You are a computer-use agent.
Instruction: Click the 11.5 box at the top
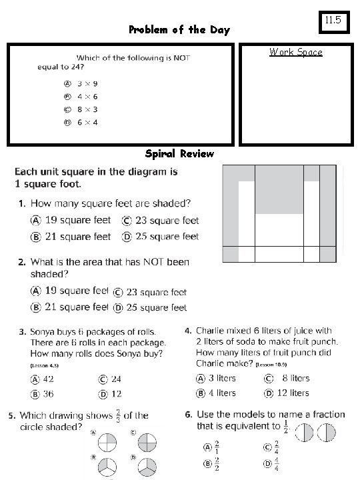tap(333, 21)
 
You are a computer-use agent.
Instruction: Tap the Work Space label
tap(295, 52)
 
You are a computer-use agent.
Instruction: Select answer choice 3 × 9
tap(87, 84)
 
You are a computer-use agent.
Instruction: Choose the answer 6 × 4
tap(87, 122)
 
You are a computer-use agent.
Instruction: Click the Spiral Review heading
tap(179, 154)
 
